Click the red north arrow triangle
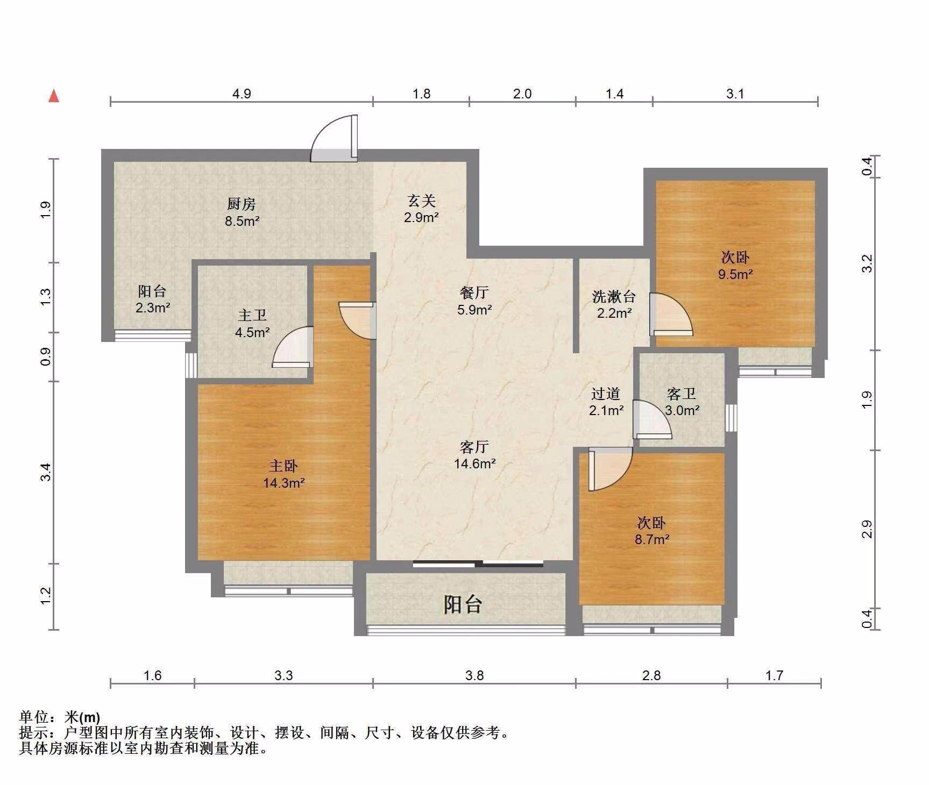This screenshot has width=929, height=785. pos(54,96)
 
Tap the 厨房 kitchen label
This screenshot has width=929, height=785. pos(242,204)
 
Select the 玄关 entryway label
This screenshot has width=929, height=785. pos(421,201)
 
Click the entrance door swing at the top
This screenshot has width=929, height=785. pos(334,138)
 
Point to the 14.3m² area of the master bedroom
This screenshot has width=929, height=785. pos(284,483)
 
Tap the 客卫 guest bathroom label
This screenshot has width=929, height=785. pos(682,394)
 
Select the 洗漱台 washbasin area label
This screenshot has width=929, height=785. pos(614,296)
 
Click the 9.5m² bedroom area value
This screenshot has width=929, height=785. pos(735,274)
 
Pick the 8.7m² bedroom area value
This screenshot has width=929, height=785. pos(652,539)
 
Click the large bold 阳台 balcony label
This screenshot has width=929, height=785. pos(463,604)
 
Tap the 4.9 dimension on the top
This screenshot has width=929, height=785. pos(242,94)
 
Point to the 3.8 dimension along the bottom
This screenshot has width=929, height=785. pos(474,675)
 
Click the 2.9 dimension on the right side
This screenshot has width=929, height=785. pos(867,530)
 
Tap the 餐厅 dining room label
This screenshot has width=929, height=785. pos(474,292)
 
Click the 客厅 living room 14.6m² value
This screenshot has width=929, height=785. pos(474,463)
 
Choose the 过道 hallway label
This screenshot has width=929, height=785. pos(606,394)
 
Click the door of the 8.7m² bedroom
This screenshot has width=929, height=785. pos(610,469)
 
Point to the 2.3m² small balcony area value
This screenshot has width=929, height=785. pos(153,308)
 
